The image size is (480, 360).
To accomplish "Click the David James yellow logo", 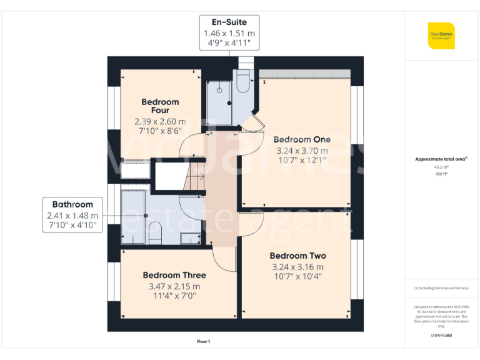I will pyautogui.click(x=441, y=35).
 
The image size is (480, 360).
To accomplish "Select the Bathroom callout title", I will pyautogui.click(x=72, y=204).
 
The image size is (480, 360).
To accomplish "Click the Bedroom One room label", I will pyautogui.click(x=302, y=139).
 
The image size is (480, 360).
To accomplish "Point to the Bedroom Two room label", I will pyautogui.click(x=297, y=256).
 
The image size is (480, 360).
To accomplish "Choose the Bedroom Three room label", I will pyautogui.click(x=174, y=275).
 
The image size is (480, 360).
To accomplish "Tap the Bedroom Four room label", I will pyautogui.click(x=160, y=106).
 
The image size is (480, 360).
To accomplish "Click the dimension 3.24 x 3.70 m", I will pyautogui.click(x=302, y=151).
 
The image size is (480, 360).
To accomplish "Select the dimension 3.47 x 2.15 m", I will pyautogui.click(x=174, y=286).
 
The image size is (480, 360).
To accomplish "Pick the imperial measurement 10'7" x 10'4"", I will pyautogui.click(x=297, y=277).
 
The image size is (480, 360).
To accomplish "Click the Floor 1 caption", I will pyautogui.click(x=203, y=341).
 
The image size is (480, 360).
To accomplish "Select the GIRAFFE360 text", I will pyautogui.click(x=441, y=336).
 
